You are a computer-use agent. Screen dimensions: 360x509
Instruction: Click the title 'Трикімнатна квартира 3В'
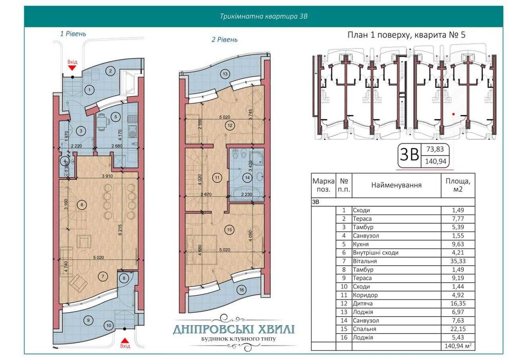tap(263, 16)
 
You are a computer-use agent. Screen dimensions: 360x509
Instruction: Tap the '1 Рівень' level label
tap(73, 33)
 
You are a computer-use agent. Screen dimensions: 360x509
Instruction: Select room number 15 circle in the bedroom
tap(229, 230)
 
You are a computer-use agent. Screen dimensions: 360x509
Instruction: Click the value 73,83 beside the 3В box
tap(435, 150)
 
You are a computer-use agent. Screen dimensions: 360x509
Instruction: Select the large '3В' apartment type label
tap(409, 156)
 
